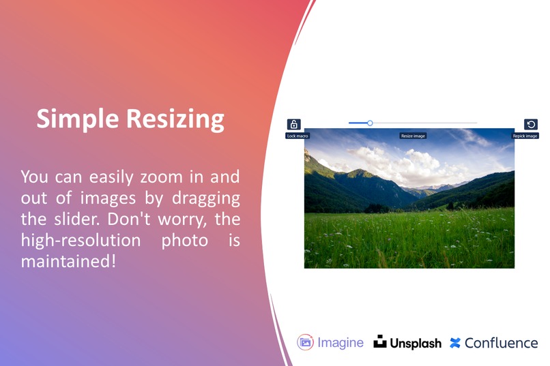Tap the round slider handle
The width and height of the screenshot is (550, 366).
click(370, 123)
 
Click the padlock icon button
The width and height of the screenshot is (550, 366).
click(293, 125)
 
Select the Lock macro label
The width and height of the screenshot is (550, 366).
click(297, 136)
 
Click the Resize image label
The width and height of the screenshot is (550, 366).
click(413, 136)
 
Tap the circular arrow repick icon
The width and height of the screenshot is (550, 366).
click(531, 125)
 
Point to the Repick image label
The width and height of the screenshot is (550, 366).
click(525, 136)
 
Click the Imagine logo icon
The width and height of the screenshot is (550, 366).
click(305, 342)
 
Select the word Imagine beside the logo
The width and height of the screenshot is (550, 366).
click(341, 343)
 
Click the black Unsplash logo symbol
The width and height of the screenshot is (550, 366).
click(380, 342)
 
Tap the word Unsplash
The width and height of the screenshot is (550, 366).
click(416, 344)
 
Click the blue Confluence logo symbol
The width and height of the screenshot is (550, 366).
click(455, 343)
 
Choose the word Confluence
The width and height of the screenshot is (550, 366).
click(501, 343)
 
